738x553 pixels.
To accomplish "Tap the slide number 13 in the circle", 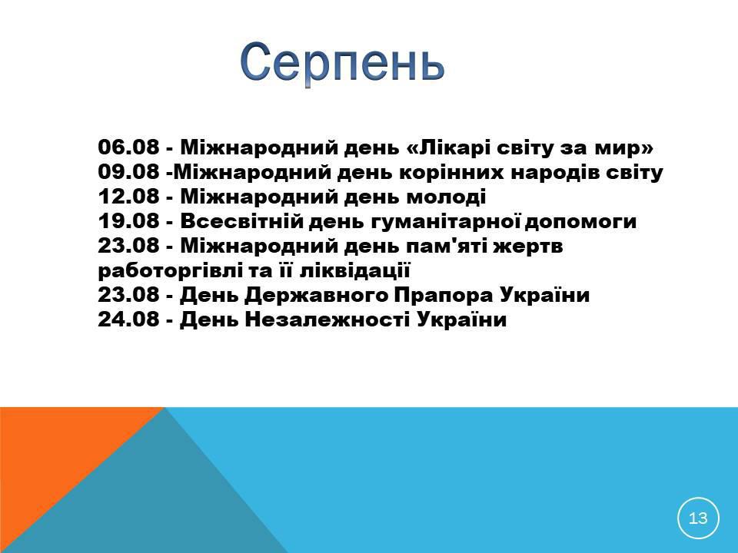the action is pyautogui.click(x=698, y=518).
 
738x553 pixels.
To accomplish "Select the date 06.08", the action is pyautogui.click(x=128, y=147).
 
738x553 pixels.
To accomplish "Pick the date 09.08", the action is pyautogui.click(x=128, y=171).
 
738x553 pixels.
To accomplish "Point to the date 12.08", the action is pyautogui.click(x=128, y=196).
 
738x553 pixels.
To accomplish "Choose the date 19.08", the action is pyautogui.click(x=128, y=221).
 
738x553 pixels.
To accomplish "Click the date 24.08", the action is pyautogui.click(x=128, y=320).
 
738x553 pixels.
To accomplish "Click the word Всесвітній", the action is pyautogui.click(x=241, y=221).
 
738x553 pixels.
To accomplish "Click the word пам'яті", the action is pyautogui.click(x=451, y=247).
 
